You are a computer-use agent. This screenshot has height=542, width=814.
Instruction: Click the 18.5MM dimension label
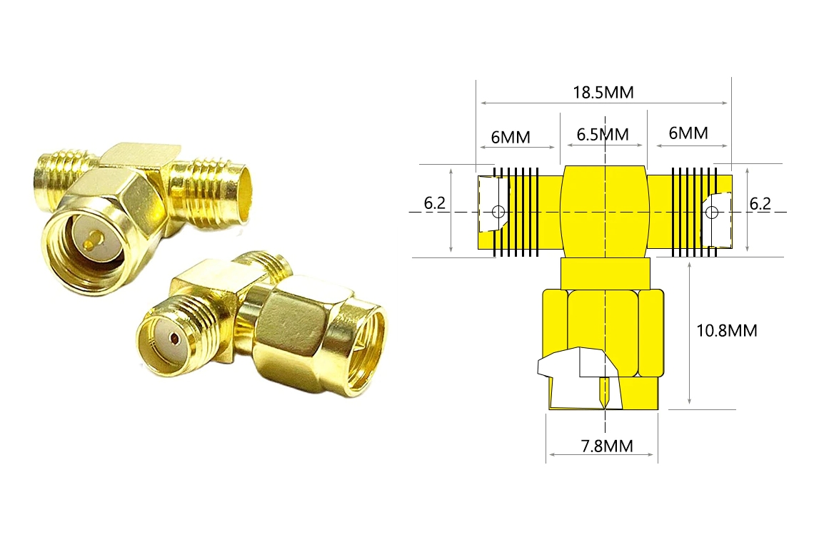603,92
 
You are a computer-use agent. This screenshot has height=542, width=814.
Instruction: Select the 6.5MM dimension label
603,134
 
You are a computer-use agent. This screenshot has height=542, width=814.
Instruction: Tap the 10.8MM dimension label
726,330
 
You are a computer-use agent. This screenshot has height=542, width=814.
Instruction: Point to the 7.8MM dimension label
607,446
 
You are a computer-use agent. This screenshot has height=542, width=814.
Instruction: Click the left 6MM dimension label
511,138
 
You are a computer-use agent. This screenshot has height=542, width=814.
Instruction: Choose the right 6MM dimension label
688,133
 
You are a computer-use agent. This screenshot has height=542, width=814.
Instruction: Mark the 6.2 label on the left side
435,203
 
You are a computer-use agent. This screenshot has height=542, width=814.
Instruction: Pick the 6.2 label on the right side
760,204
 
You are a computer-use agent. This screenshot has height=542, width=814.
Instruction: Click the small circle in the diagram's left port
498,212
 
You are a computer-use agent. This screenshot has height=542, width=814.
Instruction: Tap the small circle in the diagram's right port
713,212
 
